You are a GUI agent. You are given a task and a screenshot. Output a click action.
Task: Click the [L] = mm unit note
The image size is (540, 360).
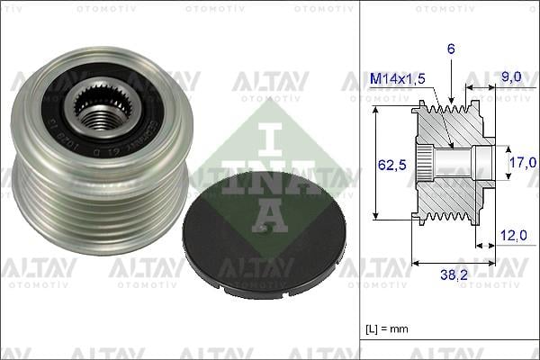[x=387, y=328]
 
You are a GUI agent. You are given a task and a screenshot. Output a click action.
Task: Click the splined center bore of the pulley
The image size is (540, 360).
[x=100, y=115]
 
